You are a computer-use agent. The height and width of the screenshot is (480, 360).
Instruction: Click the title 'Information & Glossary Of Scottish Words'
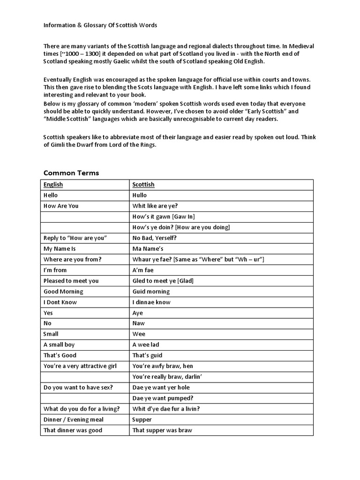(x=104, y=25)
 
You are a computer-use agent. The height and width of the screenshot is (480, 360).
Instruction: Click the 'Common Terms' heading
(x=71, y=173)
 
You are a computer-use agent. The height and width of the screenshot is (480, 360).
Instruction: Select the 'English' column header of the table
(x=53, y=185)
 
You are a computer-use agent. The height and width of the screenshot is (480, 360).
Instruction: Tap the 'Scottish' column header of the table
(x=143, y=185)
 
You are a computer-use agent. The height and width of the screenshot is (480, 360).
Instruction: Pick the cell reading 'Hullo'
(x=140, y=195)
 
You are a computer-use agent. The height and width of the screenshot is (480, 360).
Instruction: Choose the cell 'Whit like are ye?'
(x=155, y=206)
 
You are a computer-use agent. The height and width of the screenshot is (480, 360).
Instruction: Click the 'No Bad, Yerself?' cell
(x=155, y=238)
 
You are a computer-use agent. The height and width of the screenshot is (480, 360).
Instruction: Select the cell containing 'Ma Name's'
(x=148, y=249)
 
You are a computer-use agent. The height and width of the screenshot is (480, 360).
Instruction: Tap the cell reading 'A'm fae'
(x=143, y=270)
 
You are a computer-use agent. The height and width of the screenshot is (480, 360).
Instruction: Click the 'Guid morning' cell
(x=151, y=292)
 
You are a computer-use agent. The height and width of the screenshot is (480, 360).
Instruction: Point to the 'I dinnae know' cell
(x=151, y=302)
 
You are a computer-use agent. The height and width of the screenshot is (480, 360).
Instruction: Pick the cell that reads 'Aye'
(x=138, y=313)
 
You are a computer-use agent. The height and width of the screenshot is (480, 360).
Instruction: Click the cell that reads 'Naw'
(x=139, y=323)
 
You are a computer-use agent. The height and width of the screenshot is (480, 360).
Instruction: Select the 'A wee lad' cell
(x=146, y=345)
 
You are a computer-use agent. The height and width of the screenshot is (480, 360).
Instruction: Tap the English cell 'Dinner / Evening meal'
(x=74, y=420)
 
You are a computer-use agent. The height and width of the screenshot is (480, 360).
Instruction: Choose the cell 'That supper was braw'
(x=162, y=430)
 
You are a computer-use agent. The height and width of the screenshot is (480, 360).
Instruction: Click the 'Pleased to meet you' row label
(x=71, y=281)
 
